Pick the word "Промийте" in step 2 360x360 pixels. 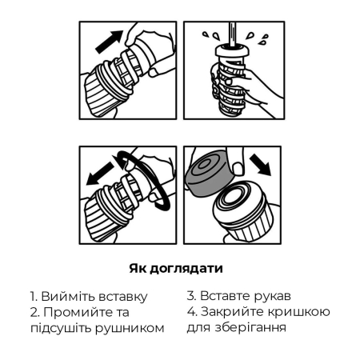coord(78,312)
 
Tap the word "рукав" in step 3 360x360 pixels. coord(276,295)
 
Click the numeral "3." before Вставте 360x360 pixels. coord(193,295)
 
